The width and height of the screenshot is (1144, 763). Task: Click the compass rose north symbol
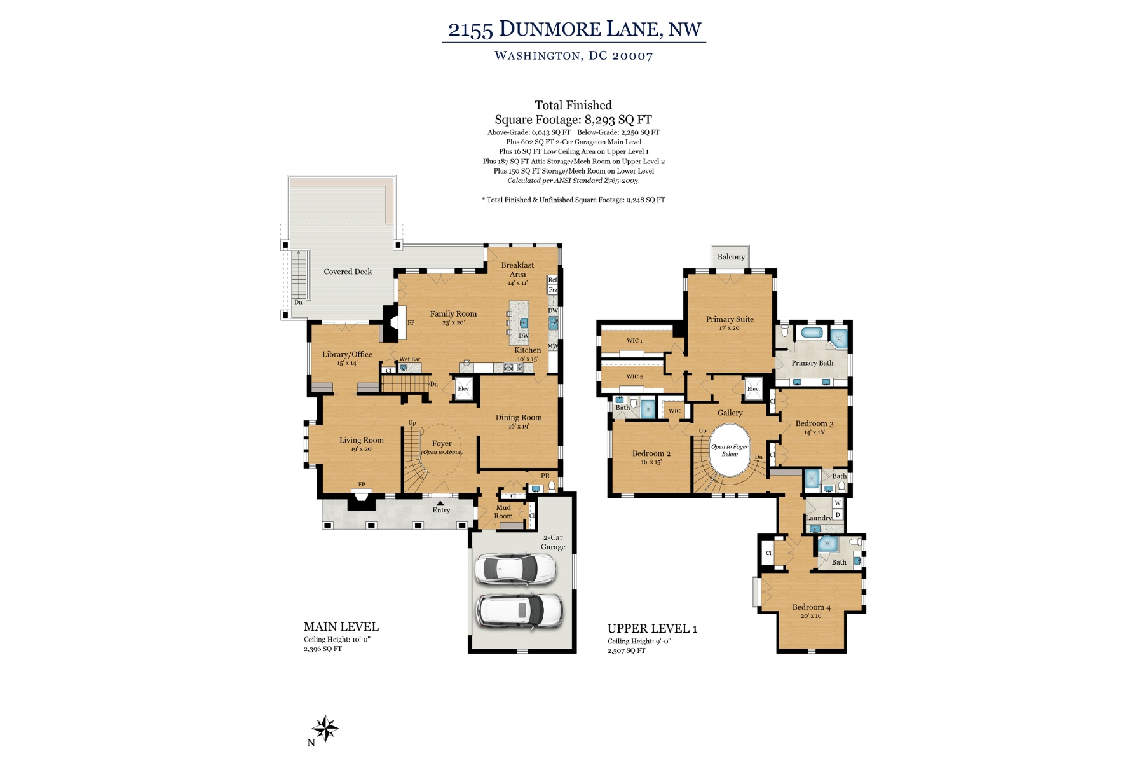click(325, 729)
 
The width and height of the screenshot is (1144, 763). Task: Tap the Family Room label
click(453, 313)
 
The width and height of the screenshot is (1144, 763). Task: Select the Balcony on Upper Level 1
click(730, 257)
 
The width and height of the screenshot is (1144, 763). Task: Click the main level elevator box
click(464, 389)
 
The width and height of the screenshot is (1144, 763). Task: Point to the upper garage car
click(516, 568)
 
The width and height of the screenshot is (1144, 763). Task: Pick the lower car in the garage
click(519, 610)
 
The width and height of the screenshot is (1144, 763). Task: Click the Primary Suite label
click(730, 319)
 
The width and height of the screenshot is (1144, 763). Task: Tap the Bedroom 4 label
click(811, 607)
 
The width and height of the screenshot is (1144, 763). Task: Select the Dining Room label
click(519, 418)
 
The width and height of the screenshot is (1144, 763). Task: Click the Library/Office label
click(347, 354)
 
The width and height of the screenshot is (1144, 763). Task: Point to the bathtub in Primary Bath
click(811, 333)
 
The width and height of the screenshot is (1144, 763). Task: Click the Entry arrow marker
click(440, 503)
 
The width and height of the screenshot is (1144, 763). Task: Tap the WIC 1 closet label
click(634, 341)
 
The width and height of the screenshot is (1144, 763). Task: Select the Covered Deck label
click(348, 272)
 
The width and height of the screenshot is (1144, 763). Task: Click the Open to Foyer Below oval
click(730, 450)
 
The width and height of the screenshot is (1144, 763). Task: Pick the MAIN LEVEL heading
click(341, 627)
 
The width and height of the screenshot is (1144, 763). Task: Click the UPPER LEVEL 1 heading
click(652, 629)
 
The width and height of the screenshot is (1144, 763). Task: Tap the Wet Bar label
click(410, 359)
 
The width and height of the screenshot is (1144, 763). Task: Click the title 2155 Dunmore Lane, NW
click(575, 29)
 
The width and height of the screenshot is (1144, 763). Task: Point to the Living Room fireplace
click(362, 501)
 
